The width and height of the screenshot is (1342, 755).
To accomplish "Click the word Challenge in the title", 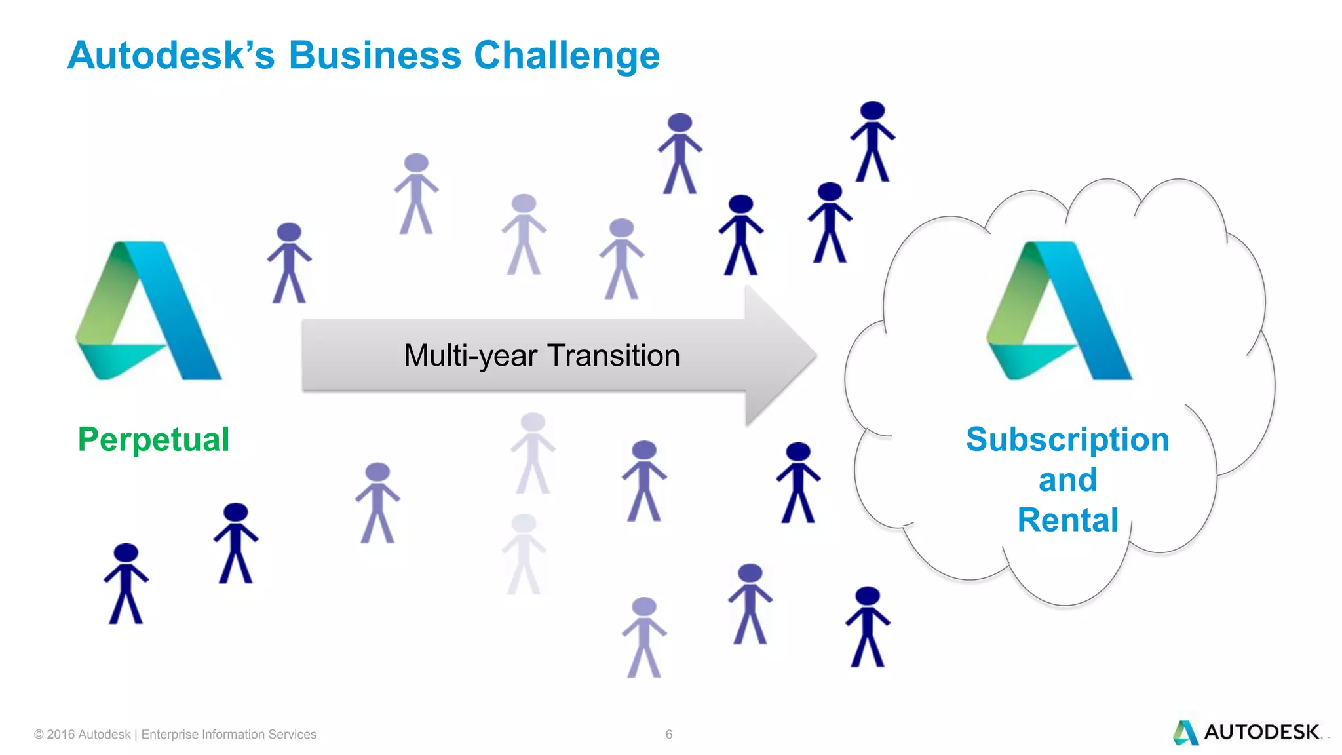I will pos(567,56).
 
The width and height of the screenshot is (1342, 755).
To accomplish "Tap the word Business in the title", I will pos(375,55).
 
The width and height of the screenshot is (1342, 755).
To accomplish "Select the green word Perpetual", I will pos(153,439).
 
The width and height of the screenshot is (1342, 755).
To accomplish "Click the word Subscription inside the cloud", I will pos(1067,439).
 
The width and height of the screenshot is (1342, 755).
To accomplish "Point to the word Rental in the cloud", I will pos(1067,520).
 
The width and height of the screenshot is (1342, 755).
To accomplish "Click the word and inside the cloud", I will pos(1067,480).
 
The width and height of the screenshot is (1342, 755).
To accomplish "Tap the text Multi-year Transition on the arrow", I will pos(542,356).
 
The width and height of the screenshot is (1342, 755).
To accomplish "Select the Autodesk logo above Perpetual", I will pos(149,311).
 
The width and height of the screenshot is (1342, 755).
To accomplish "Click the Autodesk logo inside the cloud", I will pos(1060,311).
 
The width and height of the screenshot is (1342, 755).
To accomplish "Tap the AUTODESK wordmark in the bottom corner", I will pos(1261,732).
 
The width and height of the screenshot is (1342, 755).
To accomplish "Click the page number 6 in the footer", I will pos(668,735).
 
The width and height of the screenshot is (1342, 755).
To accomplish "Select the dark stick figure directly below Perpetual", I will pos(236,543).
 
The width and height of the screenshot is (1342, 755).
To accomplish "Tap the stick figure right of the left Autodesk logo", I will pos(289,263).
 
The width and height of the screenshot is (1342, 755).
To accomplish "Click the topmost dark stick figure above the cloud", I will pos(872,141).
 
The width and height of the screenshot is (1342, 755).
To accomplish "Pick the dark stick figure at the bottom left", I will pos(126,583).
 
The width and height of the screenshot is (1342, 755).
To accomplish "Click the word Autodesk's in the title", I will pos(171,55).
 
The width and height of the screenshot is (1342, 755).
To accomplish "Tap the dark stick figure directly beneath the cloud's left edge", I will pos(868,627).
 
